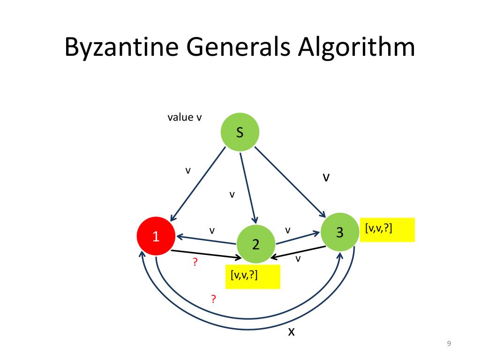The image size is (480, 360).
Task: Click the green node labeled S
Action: point(240,133)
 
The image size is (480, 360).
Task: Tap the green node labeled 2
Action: point(256,244)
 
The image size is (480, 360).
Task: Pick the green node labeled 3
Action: point(340,232)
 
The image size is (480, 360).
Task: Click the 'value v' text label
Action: point(185,117)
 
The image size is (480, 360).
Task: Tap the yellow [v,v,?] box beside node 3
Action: point(387,230)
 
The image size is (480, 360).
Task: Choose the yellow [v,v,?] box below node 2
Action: point(253,277)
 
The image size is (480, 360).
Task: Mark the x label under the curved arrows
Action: point(291,332)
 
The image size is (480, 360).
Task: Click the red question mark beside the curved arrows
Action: point(213,299)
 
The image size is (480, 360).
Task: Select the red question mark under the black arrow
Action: point(195,263)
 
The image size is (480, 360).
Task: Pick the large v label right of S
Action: point(326,177)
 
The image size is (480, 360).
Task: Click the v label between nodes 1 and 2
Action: point(212,231)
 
